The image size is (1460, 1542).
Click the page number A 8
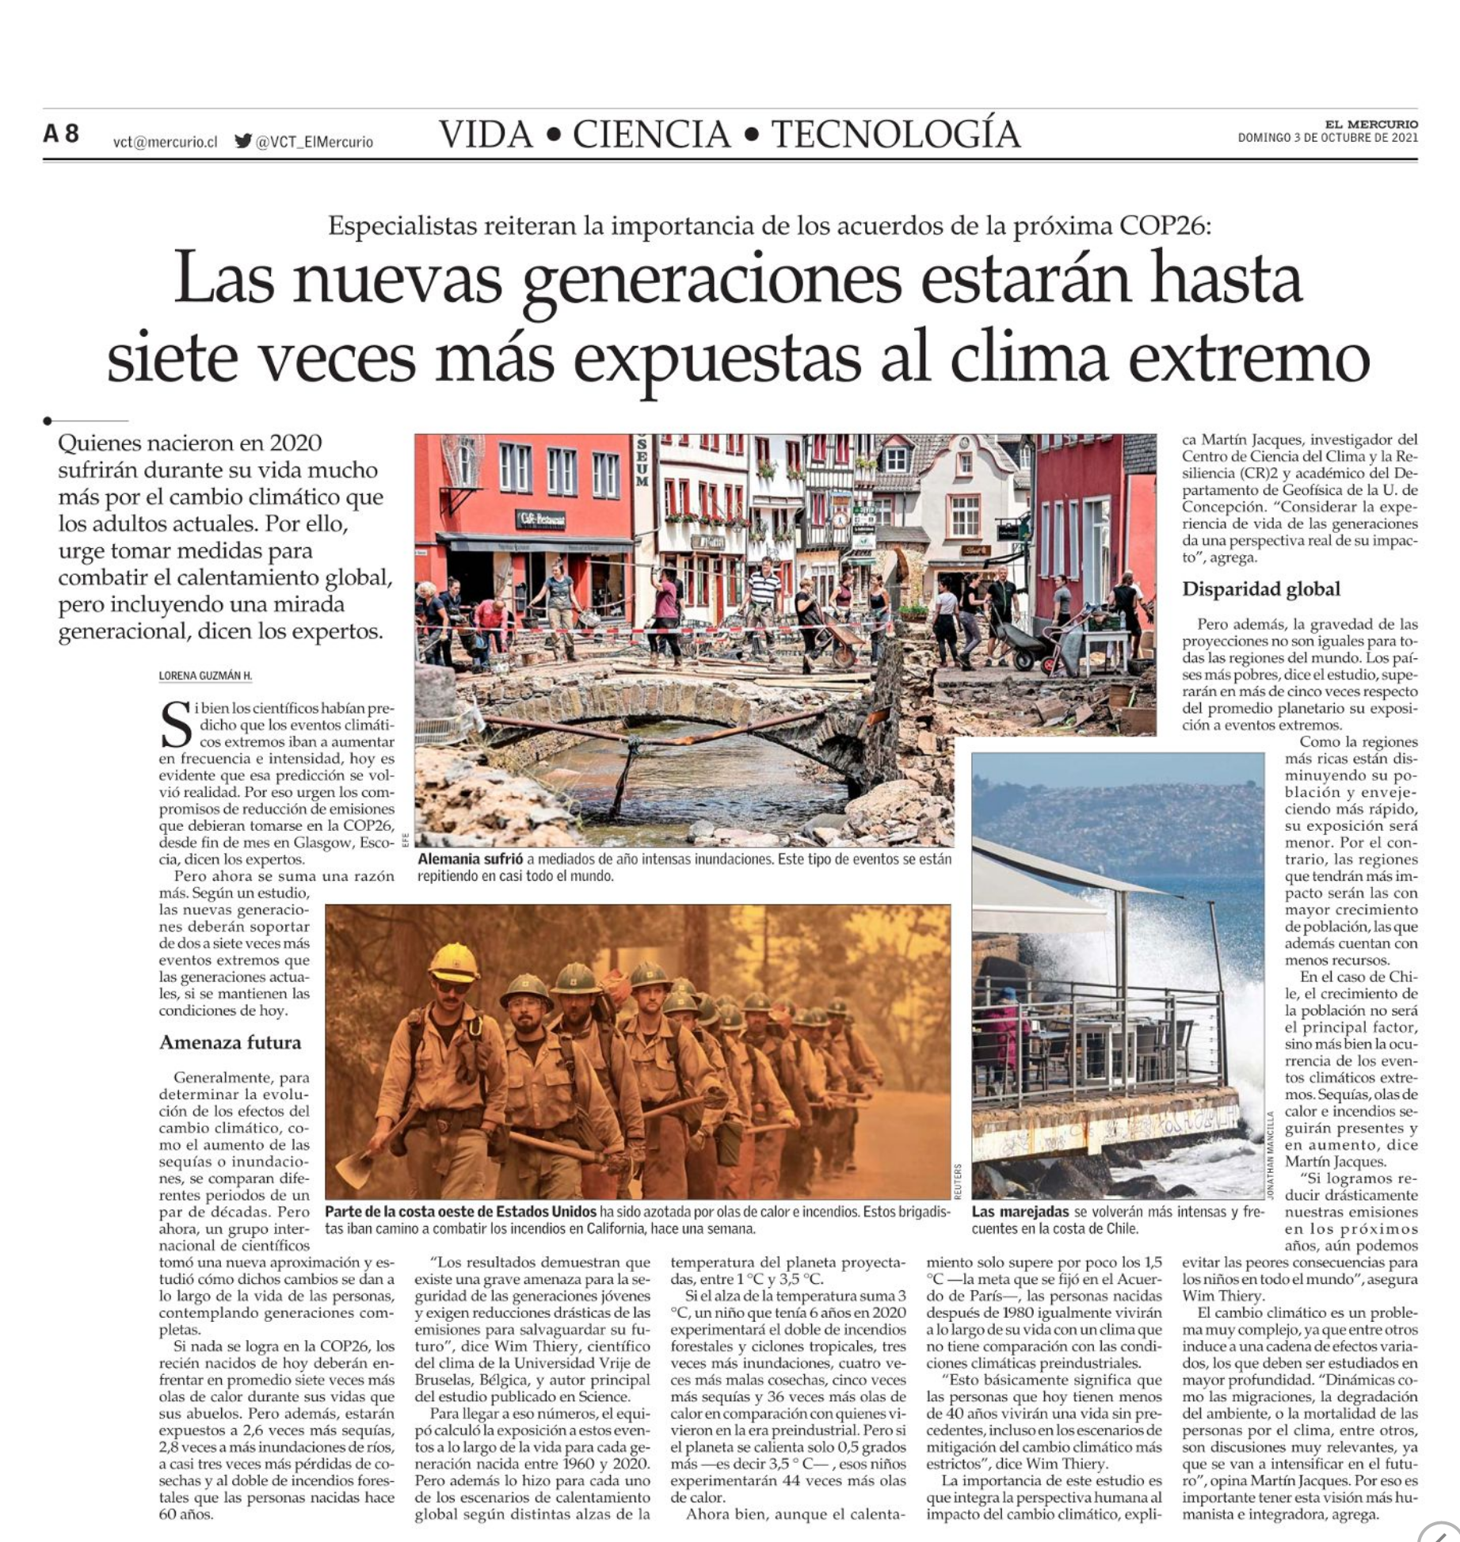pyautogui.click(x=61, y=134)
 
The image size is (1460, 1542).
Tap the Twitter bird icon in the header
pyautogui.click(x=243, y=142)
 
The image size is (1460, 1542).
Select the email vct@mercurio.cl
pyautogui.click(x=165, y=143)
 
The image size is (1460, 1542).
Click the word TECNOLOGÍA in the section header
pyautogui.click(x=895, y=135)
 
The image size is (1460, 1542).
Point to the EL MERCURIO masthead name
pyautogui.click(x=1371, y=124)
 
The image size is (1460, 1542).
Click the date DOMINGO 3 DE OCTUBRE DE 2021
pyautogui.click(x=1328, y=138)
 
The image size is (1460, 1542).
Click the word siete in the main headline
pyautogui.click(x=172, y=358)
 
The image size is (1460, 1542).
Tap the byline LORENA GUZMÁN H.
pyautogui.click(x=205, y=676)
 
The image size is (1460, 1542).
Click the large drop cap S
pyautogui.click(x=176, y=725)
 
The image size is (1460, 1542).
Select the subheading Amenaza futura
pyautogui.click(x=230, y=1042)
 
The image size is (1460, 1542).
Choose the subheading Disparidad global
pyautogui.click(x=1261, y=589)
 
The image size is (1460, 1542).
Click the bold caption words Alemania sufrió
pyautogui.click(x=471, y=859)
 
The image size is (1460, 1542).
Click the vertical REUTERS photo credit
pyautogui.click(x=958, y=1181)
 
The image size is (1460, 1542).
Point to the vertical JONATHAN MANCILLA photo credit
pyautogui.click(x=1271, y=1156)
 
